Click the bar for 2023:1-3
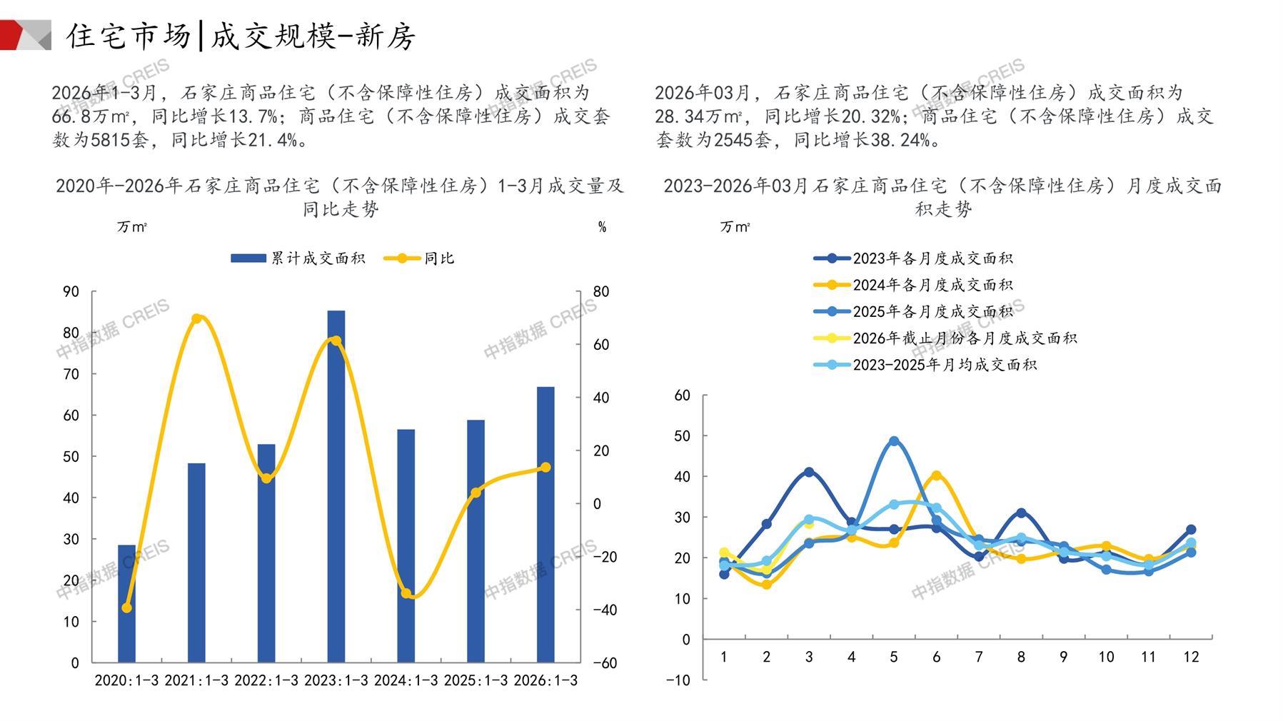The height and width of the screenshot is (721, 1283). point(336,485)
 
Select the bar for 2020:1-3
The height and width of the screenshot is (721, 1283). point(126,603)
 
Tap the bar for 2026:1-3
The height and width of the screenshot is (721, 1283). point(545,524)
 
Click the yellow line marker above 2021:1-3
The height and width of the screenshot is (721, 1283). point(197,318)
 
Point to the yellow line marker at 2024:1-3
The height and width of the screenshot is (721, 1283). point(406,593)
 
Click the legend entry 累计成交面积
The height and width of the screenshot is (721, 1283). point(298,258)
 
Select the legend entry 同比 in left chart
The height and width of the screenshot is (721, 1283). point(419,258)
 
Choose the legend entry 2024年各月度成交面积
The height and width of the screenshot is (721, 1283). point(914,285)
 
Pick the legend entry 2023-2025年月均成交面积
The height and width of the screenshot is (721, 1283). point(925,365)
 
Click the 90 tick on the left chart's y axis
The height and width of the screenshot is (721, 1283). point(71,291)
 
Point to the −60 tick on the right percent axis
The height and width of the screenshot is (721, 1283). point(605,662)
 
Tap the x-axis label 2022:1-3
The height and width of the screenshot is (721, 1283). point(266,680)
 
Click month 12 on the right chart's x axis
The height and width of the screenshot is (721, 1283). point(1191,657)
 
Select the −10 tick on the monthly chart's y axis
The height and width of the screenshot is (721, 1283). point(678,680)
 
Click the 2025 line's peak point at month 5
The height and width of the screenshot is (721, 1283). point(894,441)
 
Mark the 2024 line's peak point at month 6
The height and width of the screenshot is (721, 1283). point(936,475)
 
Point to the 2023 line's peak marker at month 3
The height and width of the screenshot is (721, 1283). point(809,472)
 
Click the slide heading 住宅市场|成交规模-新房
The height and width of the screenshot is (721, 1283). point(241,36)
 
